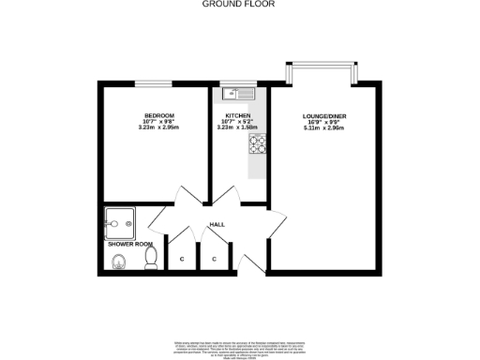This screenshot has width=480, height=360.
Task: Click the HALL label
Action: pyautogui.click(x=217, y=225)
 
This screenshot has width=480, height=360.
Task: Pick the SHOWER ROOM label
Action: pyautogui.click(x=130, y=245)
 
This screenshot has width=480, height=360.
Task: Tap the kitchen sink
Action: pyautogui.click(x=239, y=93)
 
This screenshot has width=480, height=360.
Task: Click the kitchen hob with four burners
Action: pyautogui.click(x=258, y=143)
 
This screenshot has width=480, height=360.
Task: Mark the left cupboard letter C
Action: pyautogui.click(x=181, y=258)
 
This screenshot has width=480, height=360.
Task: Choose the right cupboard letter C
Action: pyautogui.click(x=214, y=258)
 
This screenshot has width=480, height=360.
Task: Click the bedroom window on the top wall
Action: pyautogui.click(x=155, y=83)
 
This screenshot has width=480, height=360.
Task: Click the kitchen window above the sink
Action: pyautogui.click(x=239, y=83)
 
